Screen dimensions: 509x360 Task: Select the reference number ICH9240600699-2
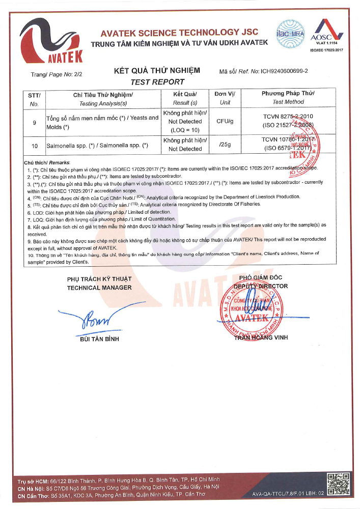pos(285,72)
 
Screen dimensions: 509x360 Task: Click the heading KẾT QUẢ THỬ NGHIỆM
pos(157,71)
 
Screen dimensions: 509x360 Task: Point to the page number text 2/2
pos(77,74)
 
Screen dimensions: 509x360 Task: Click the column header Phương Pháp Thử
pos(288,94)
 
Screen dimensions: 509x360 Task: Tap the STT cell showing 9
pos(35,122)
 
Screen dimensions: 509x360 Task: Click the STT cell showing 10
pos(35,146)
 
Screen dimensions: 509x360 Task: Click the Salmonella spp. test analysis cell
pos(97,146)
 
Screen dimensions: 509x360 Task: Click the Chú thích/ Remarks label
pos(43,162)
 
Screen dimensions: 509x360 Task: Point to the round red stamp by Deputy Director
pos(250,309)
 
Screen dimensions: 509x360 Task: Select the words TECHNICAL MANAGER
pos(99,288)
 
